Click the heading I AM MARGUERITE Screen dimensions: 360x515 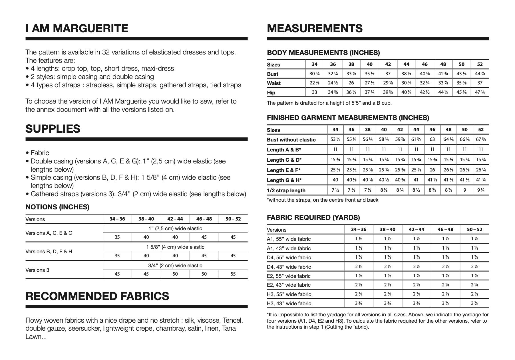(77, 28)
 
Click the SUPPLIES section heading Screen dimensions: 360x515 (53, 129)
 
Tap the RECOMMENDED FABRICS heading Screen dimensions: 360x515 (97, 296)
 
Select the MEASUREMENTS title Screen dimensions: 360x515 (315, 28)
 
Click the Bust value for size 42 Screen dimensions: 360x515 (388, 74)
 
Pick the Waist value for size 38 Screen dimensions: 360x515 (351, 83)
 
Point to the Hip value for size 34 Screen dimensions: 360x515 (314, 92)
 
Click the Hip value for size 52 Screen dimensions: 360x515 (480, 92)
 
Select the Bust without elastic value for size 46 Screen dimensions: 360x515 (432, 139)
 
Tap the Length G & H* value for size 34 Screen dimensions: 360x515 (335, 180)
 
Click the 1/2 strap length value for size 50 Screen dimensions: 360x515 (464, 190)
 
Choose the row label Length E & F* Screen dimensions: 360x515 (284, 170)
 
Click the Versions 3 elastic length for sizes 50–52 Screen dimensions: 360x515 (233, 274)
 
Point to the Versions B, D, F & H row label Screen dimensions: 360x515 (49, 251)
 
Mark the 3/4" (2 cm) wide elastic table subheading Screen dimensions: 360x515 (175, 265)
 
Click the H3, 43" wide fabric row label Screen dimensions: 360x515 (289, 303)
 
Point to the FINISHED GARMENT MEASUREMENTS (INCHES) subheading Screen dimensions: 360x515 (348, 118)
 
